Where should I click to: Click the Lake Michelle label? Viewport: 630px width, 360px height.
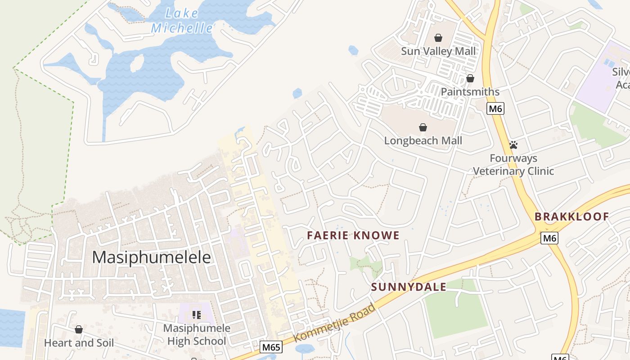[182, 21]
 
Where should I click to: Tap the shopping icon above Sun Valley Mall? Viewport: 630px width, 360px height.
[438, 38]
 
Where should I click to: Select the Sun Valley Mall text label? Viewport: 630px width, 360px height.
[438, 51]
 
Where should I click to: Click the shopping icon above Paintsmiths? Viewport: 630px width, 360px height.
[470, 78]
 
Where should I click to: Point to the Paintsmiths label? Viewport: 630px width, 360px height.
[470, 92]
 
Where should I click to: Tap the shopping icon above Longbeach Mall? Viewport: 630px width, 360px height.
[423, 127]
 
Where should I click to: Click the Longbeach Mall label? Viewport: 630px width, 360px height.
[423, 141]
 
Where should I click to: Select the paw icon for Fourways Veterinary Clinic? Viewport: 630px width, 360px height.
[513, 145]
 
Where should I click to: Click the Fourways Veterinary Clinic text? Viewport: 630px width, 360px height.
[513, 165]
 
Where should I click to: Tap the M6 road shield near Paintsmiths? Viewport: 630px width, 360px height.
[495, 108]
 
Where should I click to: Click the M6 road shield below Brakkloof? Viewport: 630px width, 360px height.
[549, 238]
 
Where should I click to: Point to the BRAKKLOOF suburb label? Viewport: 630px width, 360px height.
[571, 216]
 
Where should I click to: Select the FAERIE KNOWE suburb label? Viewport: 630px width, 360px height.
[353, 235]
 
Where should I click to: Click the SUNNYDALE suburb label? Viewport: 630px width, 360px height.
[409, 287]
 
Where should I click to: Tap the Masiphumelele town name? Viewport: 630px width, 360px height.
[151, 257]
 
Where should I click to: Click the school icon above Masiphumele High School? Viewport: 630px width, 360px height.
[196, 315]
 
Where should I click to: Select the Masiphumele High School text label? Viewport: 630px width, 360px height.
[197, 335]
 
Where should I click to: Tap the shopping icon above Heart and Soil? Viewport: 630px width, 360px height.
[79, 329]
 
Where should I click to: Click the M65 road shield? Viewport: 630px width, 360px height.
[271, 347]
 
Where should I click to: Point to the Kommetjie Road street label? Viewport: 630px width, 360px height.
[335, 323]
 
